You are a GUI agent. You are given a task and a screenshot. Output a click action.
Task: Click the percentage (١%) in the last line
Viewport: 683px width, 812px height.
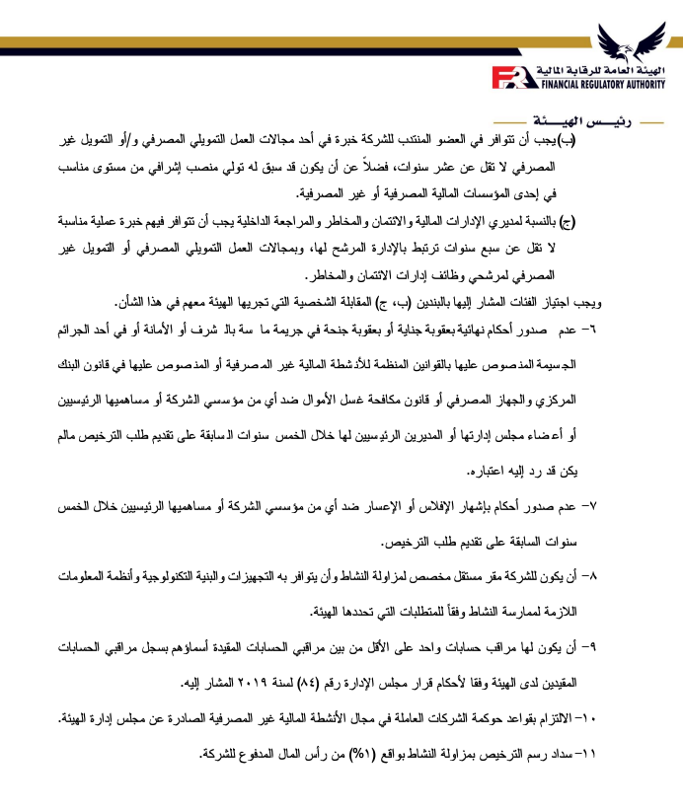tap(371, 755)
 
